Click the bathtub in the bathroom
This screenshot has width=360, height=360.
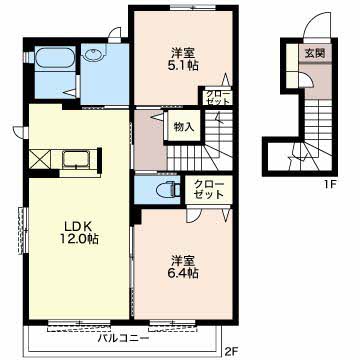[x=55, y=58]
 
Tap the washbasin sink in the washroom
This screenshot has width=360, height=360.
[x=93, y=55]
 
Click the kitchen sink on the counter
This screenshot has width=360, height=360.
[x=75, y=158]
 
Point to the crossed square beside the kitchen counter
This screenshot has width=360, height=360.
[x=40, y=159]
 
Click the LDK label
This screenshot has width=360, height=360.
[x=78, y=226]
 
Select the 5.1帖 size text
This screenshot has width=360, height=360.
[x=183, y=66]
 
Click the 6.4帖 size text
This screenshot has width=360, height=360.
[x=183, y=273]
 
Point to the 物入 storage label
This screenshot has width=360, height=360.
[x=182, y=127]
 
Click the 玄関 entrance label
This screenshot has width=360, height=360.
[x=315, y=53]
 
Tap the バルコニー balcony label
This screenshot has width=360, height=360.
[x=123, y=339]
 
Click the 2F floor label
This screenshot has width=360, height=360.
[x=230, y=351]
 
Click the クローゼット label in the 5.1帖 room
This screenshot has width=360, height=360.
[x=218, y=97]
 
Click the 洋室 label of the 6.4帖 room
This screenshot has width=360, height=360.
[x=183, y=260]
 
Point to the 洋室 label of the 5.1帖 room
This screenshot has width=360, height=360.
[x=183, y=53]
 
